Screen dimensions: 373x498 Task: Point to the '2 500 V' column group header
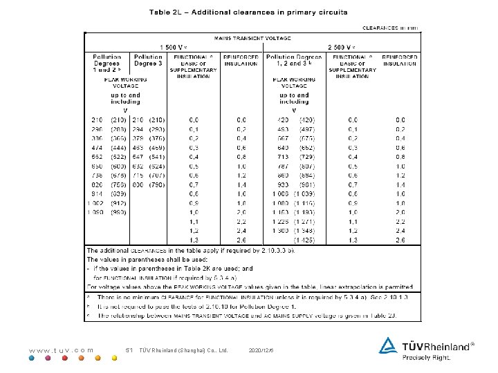click(x=341, y=47)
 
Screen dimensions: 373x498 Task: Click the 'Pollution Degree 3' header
click(x=148, y=60)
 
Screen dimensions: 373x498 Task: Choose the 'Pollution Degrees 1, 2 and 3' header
click(x=294, y=60)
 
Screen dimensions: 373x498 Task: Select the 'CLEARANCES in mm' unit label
click(x=391, y=28)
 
